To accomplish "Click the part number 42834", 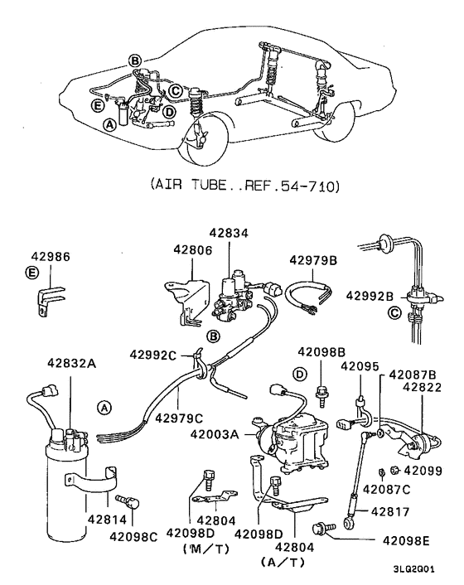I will [225, 234].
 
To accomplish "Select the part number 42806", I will [192, 249].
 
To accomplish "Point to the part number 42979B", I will [313, 260].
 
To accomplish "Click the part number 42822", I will [423, 385].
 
